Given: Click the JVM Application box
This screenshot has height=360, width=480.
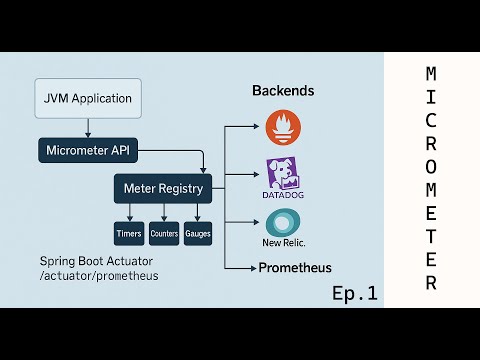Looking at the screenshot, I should [x=88, y=101].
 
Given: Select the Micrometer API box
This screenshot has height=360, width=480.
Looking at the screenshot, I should [x=88, y=151].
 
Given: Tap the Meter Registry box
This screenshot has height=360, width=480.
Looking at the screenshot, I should [x=163, y=187].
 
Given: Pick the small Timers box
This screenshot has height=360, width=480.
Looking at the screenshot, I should [x=130, y=233].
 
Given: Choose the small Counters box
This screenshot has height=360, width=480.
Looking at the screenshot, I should [x=164, y=233].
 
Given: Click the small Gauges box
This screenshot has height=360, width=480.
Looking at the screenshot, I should [x=197, y=233].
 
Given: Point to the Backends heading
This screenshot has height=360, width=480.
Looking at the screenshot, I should [x=282, y=91].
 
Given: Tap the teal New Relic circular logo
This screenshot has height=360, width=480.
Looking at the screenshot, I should [x=283, y=223].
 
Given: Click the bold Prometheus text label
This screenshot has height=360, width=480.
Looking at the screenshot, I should [x=295, y=268].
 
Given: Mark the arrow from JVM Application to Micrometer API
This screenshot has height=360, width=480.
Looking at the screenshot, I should [x=88, y=128].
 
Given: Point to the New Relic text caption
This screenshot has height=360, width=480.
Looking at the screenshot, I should [x=284, y=243].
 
